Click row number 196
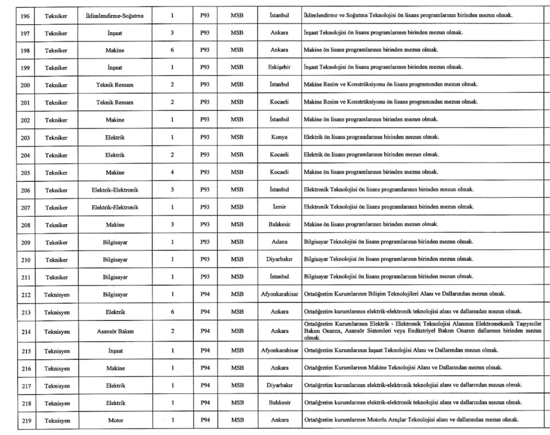(x=25, y=15)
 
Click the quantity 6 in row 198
(x=172, y=50)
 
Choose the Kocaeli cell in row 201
(x=279, y=102)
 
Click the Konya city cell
(x=279, y=137)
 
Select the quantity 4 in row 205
(x=172, y=172)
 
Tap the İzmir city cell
(x=279, y=207)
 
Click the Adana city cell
(x=279, y=242)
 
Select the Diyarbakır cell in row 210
(x=279, y=260)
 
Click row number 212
(x=25, y=294)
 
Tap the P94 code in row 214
(x=205, y=331)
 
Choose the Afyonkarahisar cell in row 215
(x=279, y=351)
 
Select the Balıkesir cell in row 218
(x=279, y=403)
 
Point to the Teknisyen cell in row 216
(x=56, y=368)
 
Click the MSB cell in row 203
(x=237, y=137)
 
